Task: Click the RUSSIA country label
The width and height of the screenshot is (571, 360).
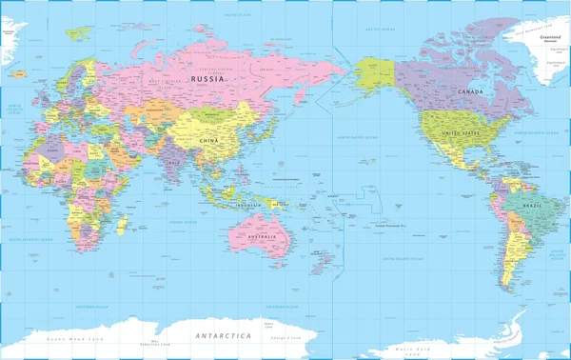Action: point(208,80)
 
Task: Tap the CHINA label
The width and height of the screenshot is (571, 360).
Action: point(209,142)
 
